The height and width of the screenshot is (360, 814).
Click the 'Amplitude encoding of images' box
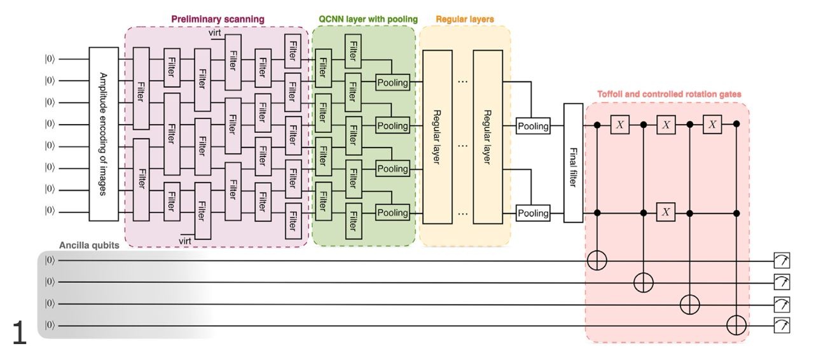(104, 134)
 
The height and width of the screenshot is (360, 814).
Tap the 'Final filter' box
(573, 162)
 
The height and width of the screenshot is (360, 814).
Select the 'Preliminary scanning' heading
(217, 19)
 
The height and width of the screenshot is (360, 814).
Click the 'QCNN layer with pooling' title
(368, 19)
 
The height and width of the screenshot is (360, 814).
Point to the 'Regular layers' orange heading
(465, 19)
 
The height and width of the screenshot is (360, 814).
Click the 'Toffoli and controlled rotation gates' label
(669, 94)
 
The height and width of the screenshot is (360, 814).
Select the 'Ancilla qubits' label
(89, 245)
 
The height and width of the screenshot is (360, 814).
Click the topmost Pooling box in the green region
(392, 83)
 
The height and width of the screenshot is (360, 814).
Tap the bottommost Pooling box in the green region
(392, 213)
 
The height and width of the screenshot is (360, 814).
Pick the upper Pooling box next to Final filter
(533, 126)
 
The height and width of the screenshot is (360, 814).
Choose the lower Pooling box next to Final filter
(533, 213)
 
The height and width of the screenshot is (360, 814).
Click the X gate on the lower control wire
(666, 212)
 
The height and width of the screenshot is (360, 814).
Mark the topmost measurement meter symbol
(781, 260)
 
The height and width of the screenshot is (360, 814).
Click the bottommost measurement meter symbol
(781, 326)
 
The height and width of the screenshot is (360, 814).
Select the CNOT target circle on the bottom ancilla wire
(737, 326)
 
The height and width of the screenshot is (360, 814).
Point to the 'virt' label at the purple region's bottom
(185, 241)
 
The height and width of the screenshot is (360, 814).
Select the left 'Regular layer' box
(437, 136)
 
